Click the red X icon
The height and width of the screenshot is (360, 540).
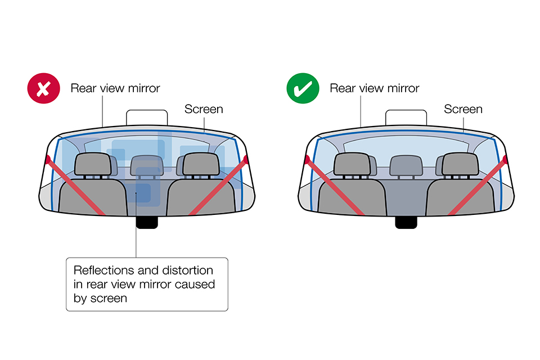(42, 89)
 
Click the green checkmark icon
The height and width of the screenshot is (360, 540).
(301, 89)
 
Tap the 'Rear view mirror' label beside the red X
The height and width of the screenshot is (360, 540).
(115, 88)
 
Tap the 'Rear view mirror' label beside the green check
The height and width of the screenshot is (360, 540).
(375, 88)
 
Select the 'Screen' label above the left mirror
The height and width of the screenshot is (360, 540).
(204, 109)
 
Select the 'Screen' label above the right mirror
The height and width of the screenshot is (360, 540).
(463, 109)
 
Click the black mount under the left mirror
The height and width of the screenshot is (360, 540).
(147, 222)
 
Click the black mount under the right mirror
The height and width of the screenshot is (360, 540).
(407, 222)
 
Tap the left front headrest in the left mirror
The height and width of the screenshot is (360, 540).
(92, 164)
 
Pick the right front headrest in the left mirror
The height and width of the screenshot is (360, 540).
(200, 164)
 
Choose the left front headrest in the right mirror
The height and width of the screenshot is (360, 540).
(351, 164)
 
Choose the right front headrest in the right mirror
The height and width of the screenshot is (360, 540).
(460, 164)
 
